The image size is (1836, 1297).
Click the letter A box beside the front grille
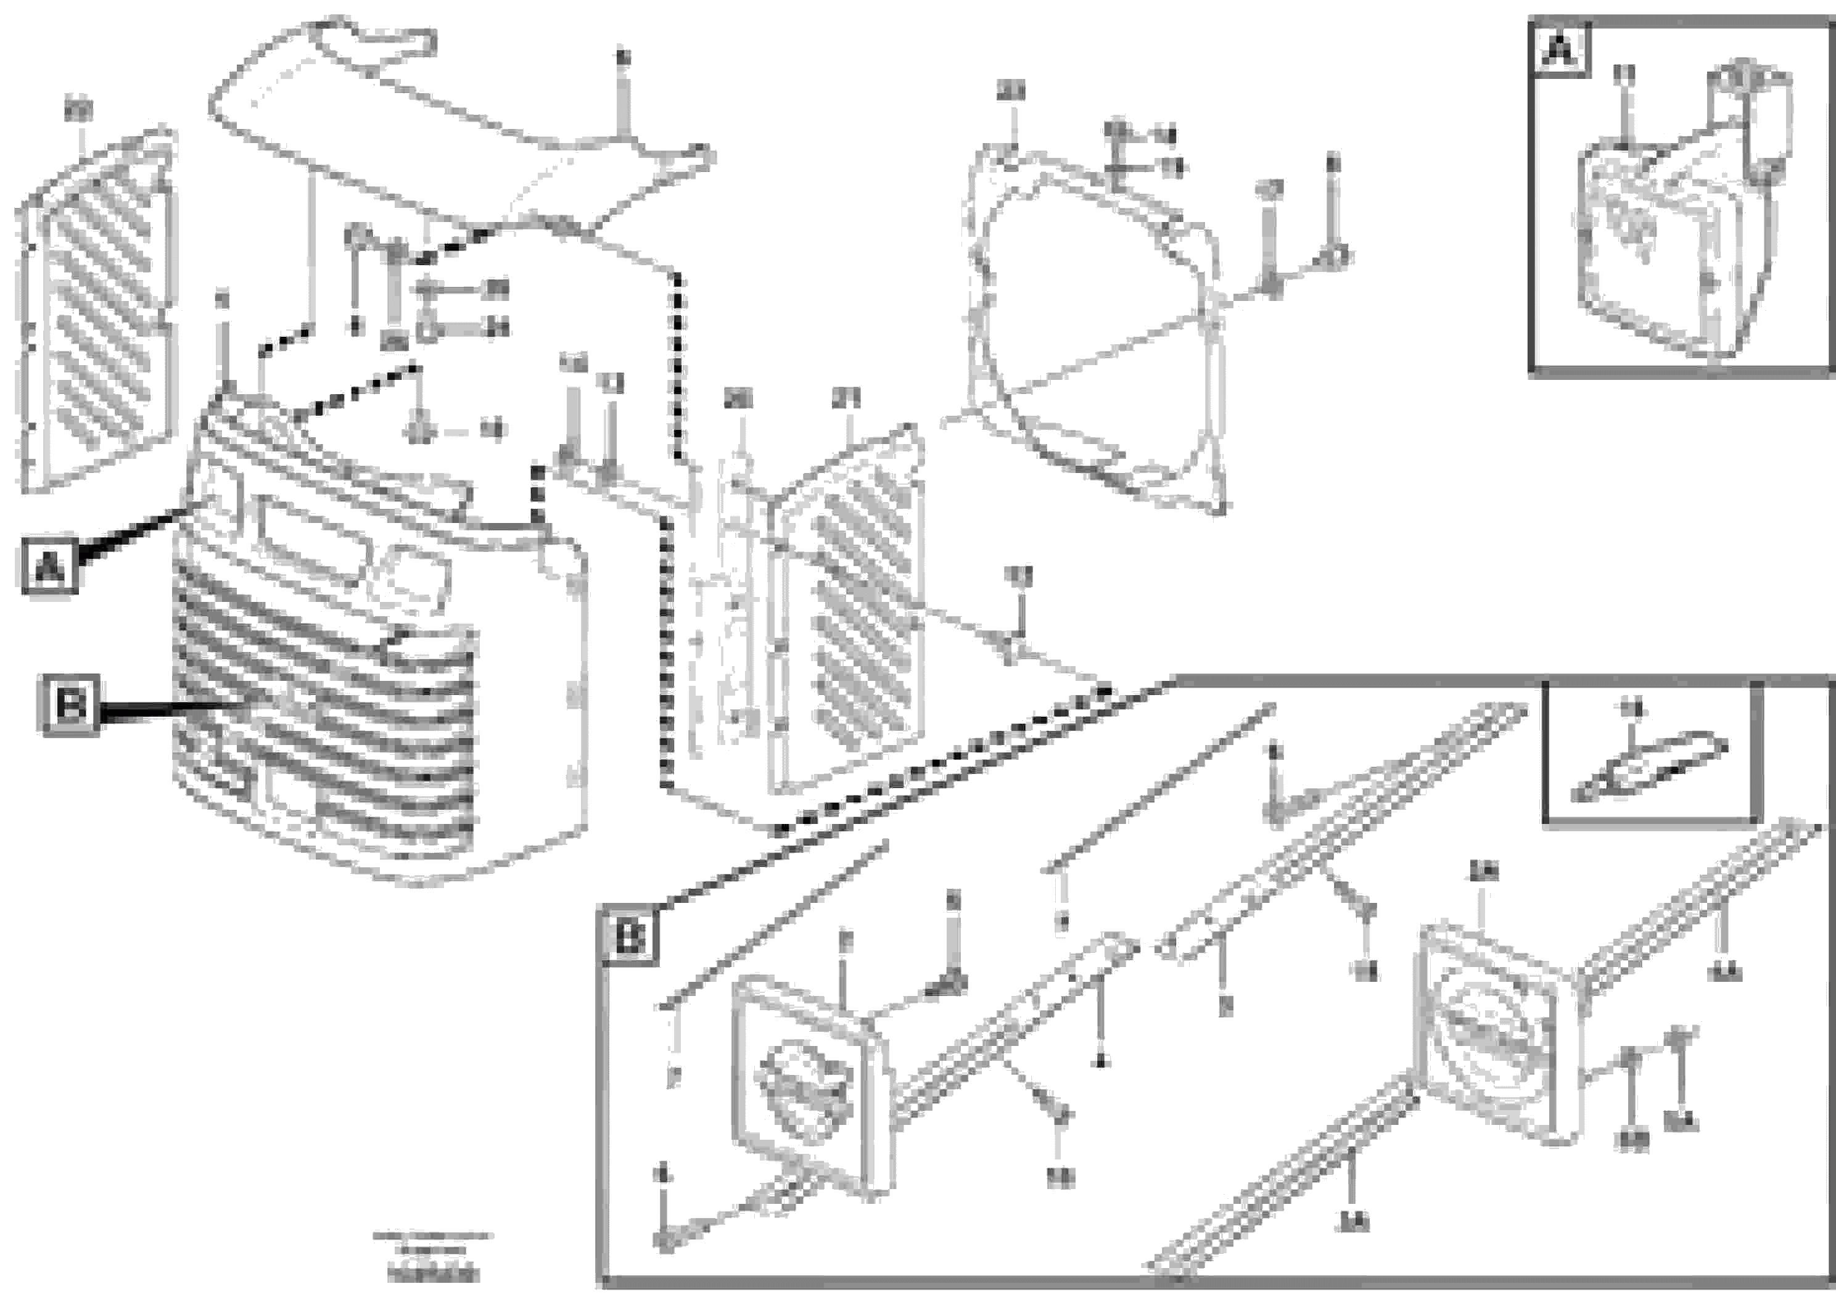[49, 566]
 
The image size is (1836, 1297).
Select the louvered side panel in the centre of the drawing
[847, 616]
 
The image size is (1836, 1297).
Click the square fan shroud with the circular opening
[1095, 336]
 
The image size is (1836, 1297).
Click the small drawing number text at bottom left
[432, 1260]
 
